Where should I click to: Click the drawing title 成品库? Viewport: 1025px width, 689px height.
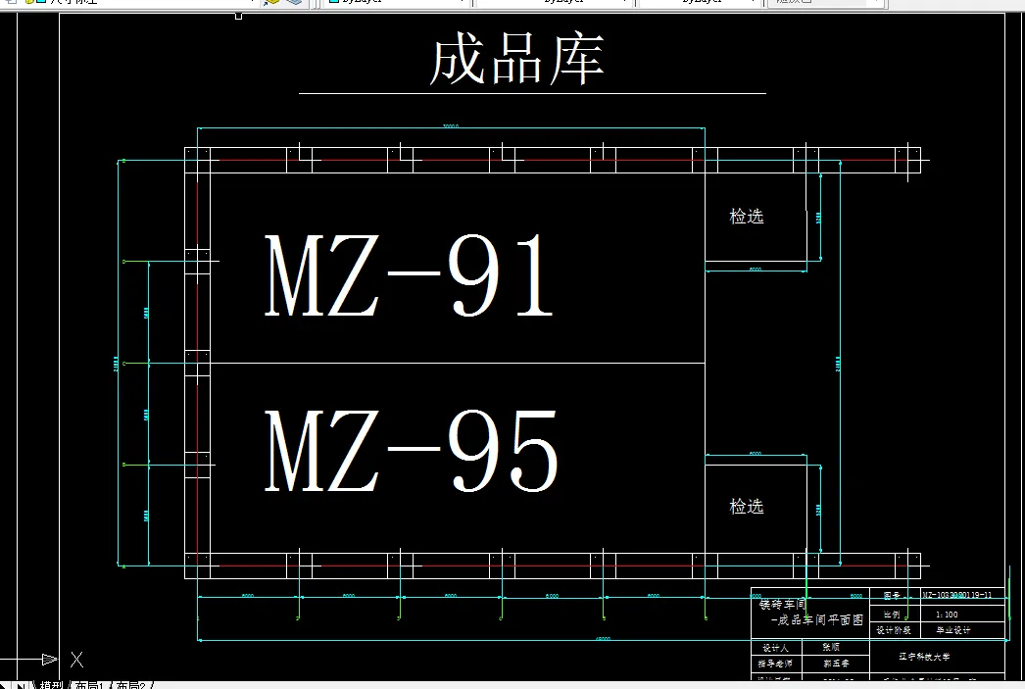pyautogui.click(x=516, y=60)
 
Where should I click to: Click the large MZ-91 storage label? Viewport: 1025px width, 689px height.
pyautogui.click(x=410, y=277)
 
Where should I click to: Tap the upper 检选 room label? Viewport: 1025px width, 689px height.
pyautogui.click(x=747, y=217)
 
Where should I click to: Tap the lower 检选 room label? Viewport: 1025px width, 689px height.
pyautogui.click(x=747, y=507)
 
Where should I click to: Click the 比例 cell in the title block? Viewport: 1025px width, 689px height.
pyautogui.click(x=891, y=614)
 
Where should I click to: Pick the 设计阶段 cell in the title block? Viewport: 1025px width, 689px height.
pyautogui.click(x=893, y=631)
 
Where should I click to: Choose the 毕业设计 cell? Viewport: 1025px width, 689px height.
pyautogui.click(x=950, y=631)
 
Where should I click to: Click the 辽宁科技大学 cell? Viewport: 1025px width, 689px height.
pyautogui.click(x=922, y=657)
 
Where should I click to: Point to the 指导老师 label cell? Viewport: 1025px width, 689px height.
pyautogui.click(x=775, y=664)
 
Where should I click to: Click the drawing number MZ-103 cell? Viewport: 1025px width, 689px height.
pyautogui.click(x=957, y=595)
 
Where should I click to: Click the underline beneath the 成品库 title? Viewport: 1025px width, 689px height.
pyautogui.click(x=532, y=94)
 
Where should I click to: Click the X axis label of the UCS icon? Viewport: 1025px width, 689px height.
pyautogui.click(x=76, y=660)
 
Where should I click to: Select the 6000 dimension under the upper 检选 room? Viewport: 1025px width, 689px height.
pyautogui.click(x=755, y=268)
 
